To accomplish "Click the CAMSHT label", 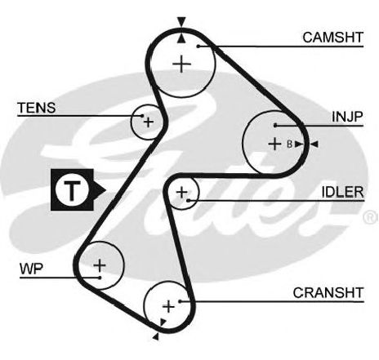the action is (x=333, y=38).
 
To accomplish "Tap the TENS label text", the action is (x=37, y=108).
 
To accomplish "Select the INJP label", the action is (x=347, y=117).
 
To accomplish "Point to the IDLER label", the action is (x=342, y=192).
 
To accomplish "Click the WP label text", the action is (x=31, y=269).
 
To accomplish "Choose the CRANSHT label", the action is (x=328, y=293).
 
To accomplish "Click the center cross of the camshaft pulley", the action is (x=182, y=64).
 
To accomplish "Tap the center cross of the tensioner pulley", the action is (x=149, y=122).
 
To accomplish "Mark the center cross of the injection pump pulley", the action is (x=274, y=144).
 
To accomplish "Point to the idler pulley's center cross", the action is (x=182, y=193).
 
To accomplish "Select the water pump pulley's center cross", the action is (x=100, y=265).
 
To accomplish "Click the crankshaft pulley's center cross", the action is (x=168, y=307).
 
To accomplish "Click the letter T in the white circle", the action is (x=72, y=189).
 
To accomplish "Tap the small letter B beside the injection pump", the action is (x=290, y=144).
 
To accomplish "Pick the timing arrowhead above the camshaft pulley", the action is (x=181, y=21).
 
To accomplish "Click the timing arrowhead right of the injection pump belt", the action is (x=314, y=144).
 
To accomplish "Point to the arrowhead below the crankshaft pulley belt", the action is (x=156, y=336).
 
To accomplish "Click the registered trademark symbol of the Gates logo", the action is (x=371, y=217).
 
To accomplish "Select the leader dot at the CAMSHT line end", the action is (x=198, y=47).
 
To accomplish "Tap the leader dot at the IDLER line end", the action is (x=188, y=201).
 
